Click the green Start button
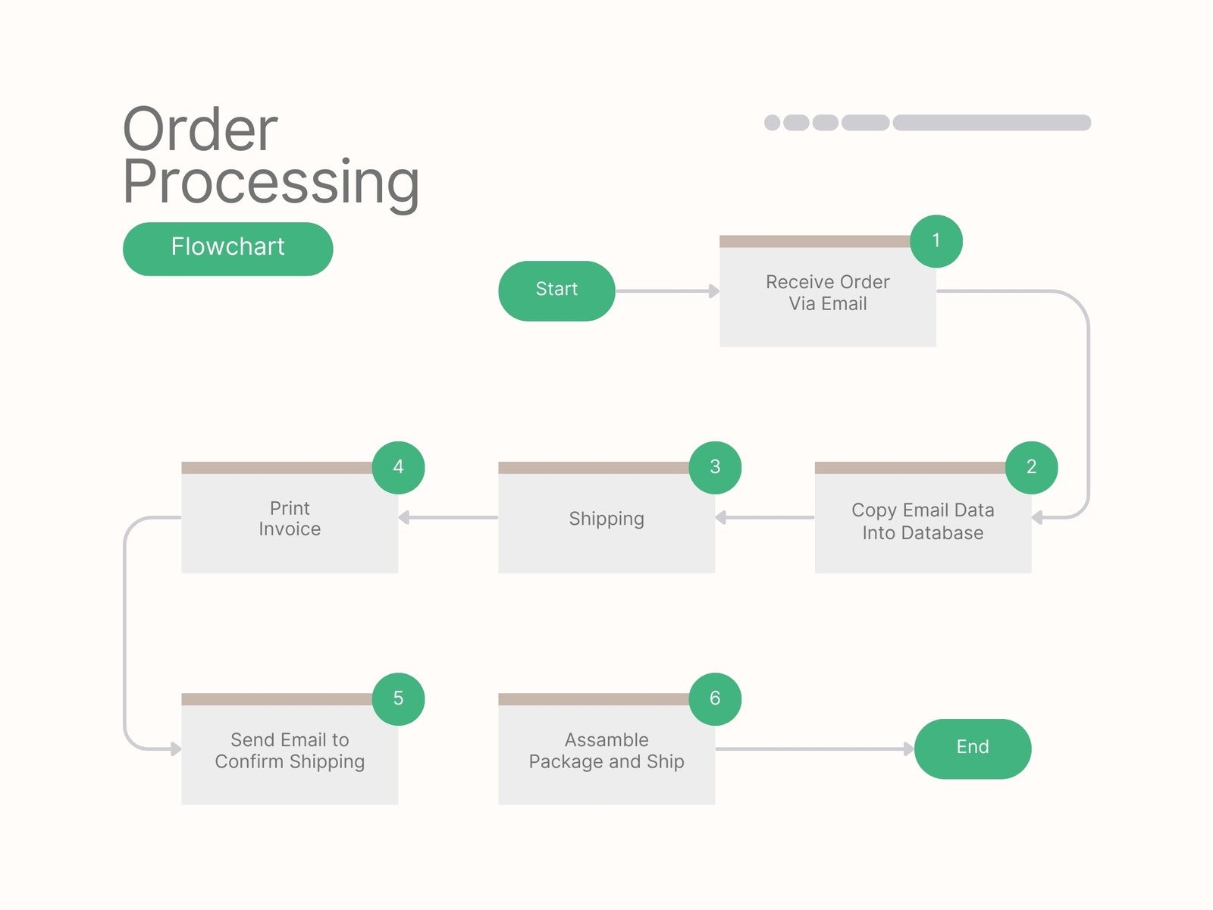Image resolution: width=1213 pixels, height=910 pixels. (x=556, y=290)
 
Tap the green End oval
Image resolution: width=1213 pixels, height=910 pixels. (x=973, y=748)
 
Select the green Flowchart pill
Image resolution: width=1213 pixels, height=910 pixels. (x=227, y=248)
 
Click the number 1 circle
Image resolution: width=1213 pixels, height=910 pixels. (x=936, y=241)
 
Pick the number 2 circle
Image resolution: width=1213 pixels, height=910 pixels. (x=1031, y=467)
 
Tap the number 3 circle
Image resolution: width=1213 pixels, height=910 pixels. (x=715, y=467)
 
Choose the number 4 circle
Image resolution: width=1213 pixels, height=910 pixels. (x=398, y=467)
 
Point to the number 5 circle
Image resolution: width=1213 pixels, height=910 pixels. (x=398, y=698)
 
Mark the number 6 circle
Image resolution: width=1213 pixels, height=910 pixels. (x=715, y=698)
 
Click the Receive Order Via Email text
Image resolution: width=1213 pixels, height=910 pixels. (x=827, y=293)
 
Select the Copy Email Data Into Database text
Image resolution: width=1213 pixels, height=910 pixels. (x=923, y=521)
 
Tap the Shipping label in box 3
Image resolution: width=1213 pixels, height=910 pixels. (x=606, y=519)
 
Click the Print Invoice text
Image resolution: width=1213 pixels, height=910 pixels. (x=290, y=519)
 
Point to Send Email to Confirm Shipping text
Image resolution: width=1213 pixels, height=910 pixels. (x=290, y=750)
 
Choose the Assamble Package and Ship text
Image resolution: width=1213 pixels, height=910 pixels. (x=606, y=750)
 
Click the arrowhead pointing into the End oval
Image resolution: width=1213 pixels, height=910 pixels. (x=908, y=749)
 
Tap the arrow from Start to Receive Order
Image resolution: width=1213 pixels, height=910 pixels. (x=666, y=291)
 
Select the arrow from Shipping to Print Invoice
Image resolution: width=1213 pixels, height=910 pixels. (x=448, y=518)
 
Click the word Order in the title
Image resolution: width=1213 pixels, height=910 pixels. (x=200, y=130)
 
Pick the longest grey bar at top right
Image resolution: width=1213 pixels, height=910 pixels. (x=992, y=123)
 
